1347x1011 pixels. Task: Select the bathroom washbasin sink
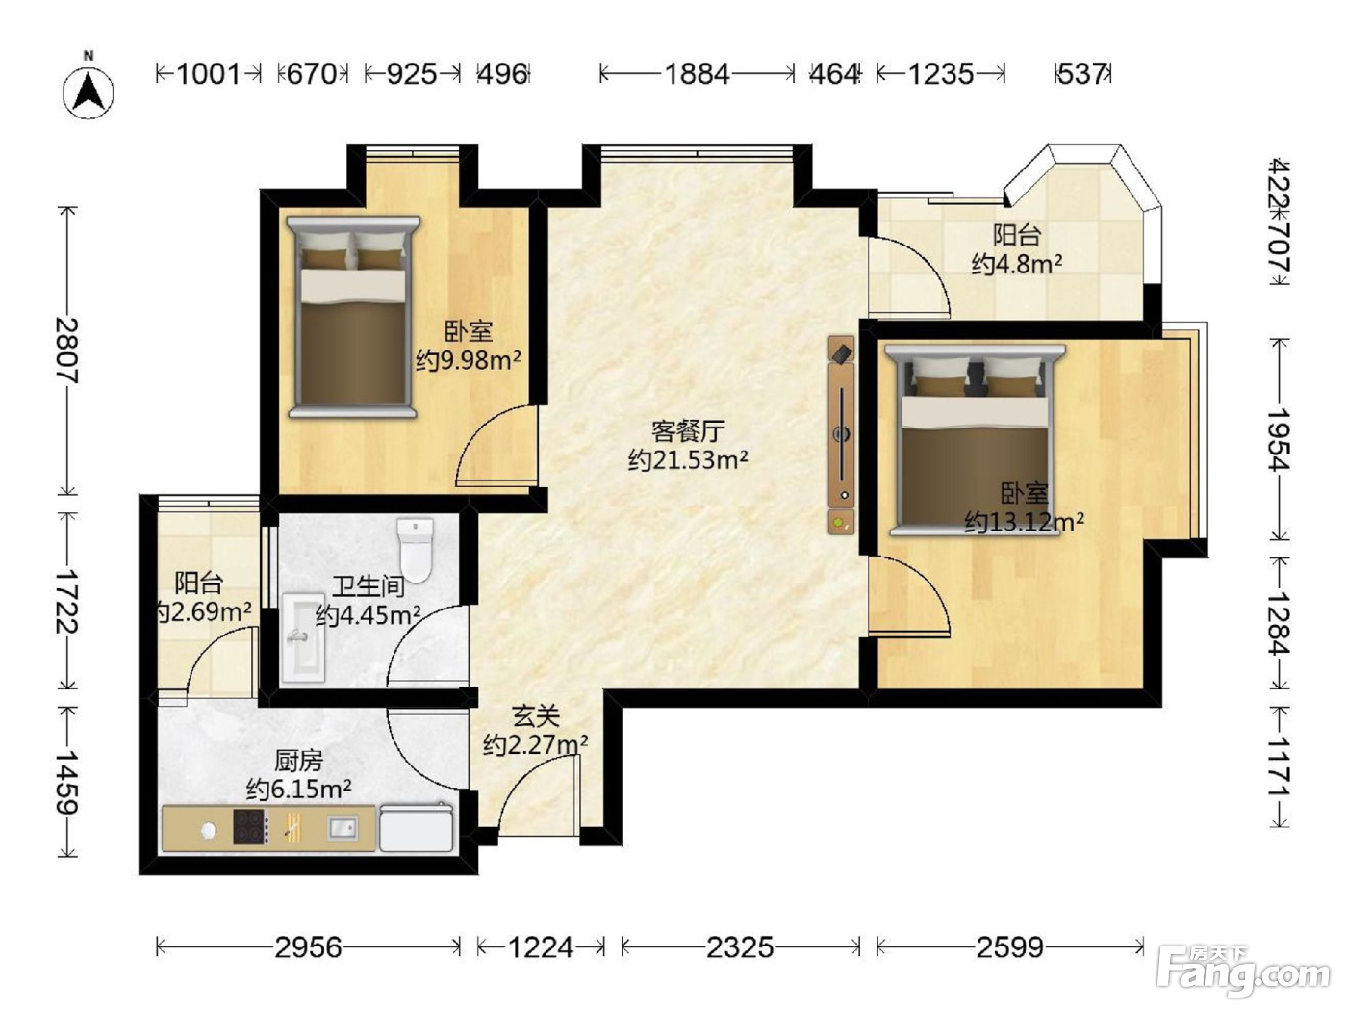point(303,637)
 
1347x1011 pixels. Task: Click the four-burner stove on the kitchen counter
point(251,827)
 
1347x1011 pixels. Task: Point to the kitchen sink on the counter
point(343,828)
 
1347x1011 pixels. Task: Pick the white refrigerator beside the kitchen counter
point(417,828)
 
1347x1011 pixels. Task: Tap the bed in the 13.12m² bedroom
point(975,439)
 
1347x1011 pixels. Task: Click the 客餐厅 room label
point(688,431)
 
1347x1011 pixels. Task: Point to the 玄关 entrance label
point(536,715)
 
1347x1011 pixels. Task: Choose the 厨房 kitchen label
point(298,762)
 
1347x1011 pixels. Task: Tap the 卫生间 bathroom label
point(369,586)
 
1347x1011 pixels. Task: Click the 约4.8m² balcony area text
point(1017,264)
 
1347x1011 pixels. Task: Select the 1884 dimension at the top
point(698,74)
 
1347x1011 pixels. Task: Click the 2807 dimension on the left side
point(67,350)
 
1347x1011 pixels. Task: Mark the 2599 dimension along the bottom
point(1010,947)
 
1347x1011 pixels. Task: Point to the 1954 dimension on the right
point(1280,439)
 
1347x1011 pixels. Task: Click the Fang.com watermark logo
point(1242,974)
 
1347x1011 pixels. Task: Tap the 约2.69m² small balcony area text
point(203,612)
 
